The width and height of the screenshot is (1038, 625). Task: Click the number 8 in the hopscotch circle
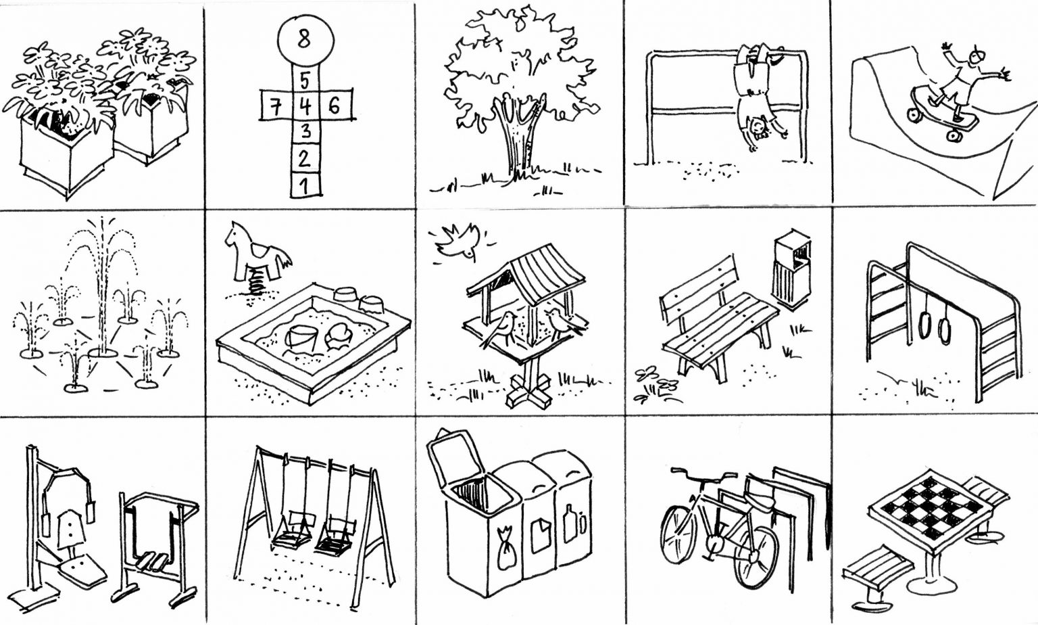click(304, 39)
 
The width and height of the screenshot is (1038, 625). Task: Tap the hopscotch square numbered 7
click(276, 106)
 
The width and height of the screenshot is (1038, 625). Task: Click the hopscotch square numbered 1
click(305, 185)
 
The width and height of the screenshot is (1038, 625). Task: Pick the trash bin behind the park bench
click(793, 269)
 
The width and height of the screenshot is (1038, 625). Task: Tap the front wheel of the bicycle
click(756, 558)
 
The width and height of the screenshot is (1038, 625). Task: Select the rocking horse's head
click(234, 233)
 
